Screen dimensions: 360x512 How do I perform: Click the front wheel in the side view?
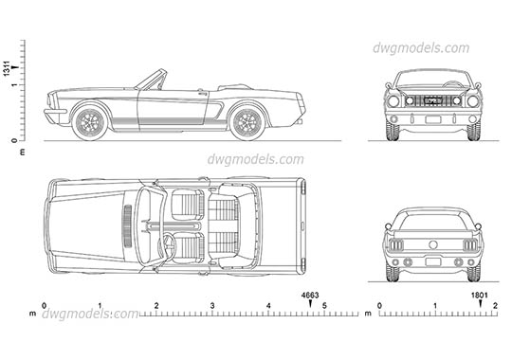[92, 120]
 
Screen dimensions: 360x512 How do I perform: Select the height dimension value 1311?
[8, 68]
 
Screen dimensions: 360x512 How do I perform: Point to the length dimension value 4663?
[310, 296]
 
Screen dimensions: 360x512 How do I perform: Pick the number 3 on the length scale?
[212, 306]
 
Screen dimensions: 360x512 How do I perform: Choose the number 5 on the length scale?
[324, 306]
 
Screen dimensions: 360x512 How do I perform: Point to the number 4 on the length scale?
[268, 306]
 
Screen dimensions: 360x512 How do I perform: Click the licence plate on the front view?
[432, 120]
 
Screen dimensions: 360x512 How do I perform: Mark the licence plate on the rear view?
[432, 260]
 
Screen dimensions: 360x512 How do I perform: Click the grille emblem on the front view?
[432, 99]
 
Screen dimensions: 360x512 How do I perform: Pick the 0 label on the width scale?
[379, 306]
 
